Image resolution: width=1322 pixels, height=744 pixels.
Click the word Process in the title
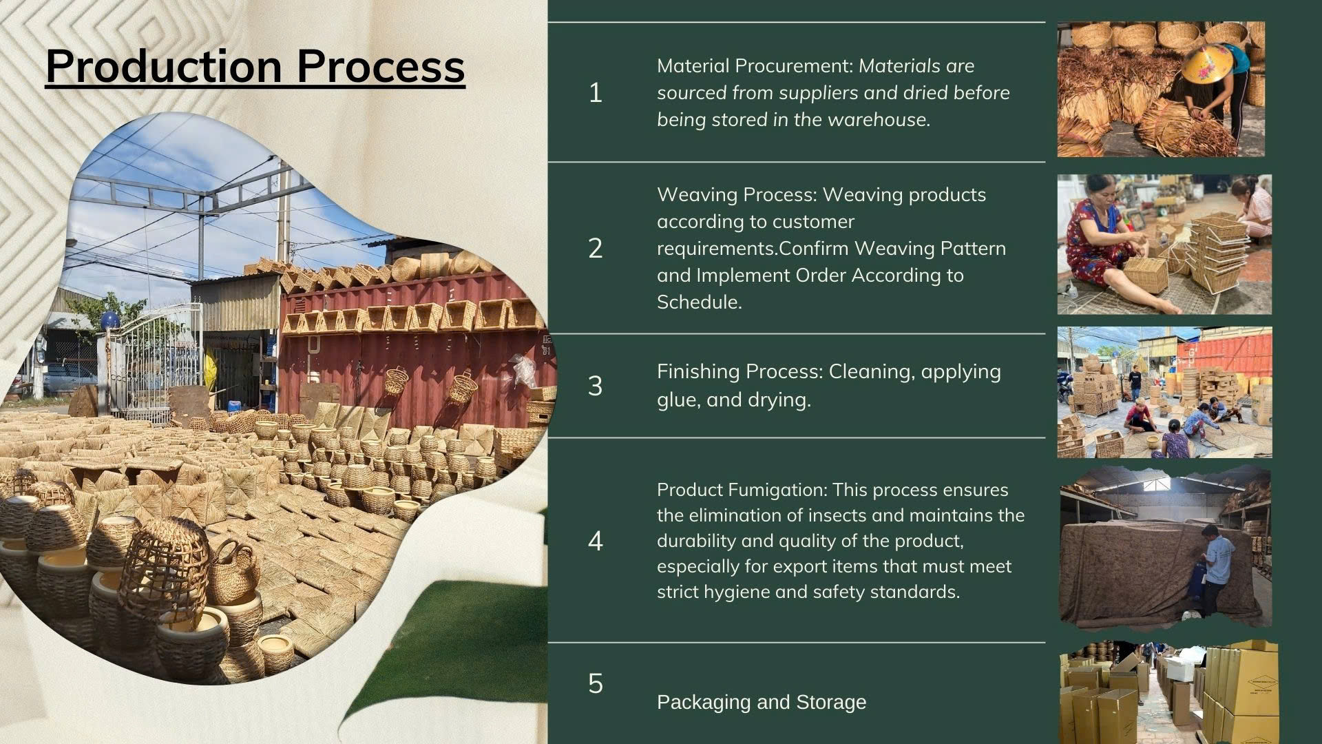pos(381,66)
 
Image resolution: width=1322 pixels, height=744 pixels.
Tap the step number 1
pos(596,93)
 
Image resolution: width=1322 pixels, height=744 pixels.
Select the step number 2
pos(596,248)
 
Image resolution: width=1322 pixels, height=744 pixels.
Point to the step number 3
pos(596,386)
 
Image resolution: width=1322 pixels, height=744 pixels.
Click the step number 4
pos(596,541)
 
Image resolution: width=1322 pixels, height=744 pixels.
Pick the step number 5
pos(596,683)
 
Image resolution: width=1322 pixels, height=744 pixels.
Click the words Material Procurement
pos(755,66)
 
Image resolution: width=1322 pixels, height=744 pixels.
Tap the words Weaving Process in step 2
pos(737,195)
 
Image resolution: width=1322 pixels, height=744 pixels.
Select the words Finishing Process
pos(739,372)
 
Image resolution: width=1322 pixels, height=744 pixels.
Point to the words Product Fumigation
pos(742,490)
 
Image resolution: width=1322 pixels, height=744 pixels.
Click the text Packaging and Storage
pos(762,702)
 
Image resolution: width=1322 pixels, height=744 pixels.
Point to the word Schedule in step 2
pos(698,302)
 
